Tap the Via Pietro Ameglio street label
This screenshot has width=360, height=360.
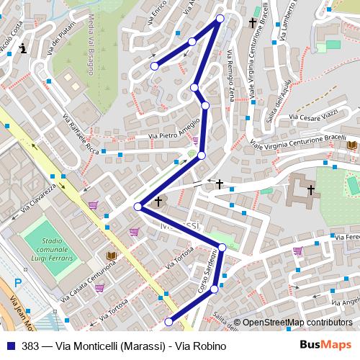point(173,130)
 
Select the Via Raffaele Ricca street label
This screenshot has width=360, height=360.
point(81,134)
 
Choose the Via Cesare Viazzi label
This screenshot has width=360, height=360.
point(312,114)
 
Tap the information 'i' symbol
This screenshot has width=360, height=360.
point(24,49)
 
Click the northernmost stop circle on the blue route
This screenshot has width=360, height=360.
point(220,19)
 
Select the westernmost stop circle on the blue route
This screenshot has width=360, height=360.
point(138,207)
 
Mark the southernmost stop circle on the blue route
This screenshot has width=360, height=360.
point(169,321)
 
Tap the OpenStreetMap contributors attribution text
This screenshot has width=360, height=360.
point(296,323)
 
